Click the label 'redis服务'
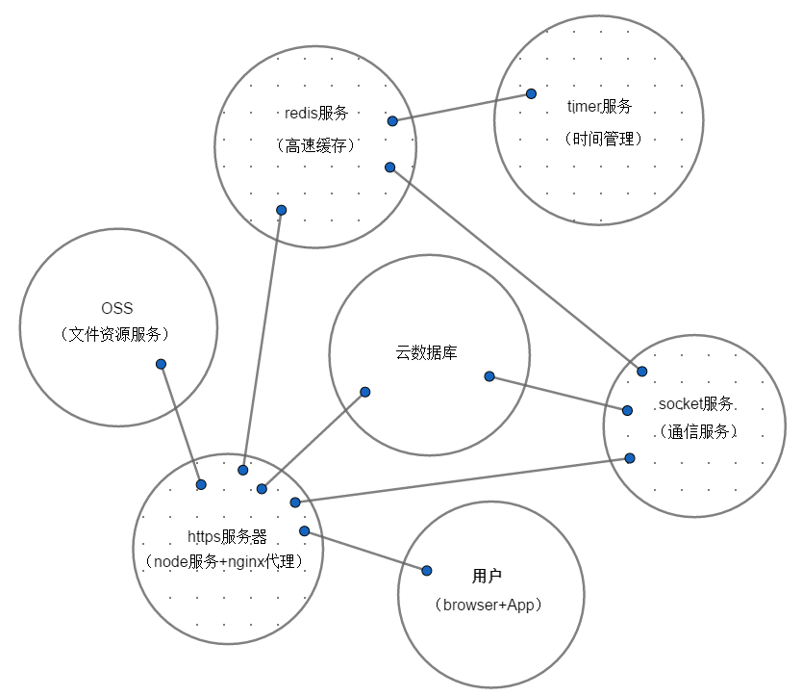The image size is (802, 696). click(315, 113)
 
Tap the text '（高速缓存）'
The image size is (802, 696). click(315, 145)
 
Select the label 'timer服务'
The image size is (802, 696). click(599, 106)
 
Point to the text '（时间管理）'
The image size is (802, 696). click(603, 139)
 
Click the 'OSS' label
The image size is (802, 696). click(117, 309)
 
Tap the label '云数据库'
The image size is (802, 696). click(427, 353)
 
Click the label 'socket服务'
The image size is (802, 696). click(695, 403)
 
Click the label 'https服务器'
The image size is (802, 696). click(227, 536)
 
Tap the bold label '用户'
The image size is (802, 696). click(488, 577)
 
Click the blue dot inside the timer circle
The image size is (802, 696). click(530, 94)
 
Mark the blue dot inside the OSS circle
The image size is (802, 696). click(161, 364)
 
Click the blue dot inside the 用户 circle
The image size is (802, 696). click(427, 570)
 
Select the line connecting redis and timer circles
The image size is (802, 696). click(462, 108)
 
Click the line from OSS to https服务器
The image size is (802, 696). click(181, 424)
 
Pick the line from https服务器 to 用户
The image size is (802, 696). click(365, 551)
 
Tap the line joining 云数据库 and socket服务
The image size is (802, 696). click(558, 393)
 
